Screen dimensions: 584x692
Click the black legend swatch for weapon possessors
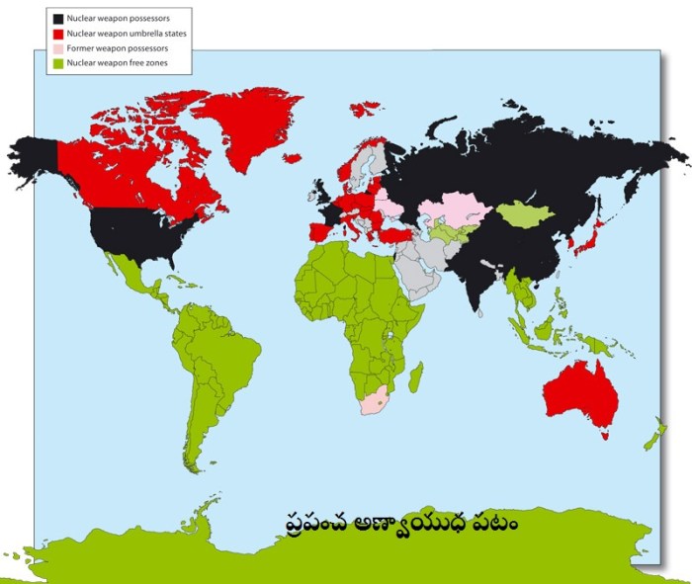[x=58, y=19]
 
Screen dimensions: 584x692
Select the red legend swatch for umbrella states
[x=58, y=34]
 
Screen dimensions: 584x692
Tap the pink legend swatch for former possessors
[x=58, y=48]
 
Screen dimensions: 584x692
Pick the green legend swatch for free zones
[x=58, y=63]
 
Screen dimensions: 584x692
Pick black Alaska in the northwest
[x=35, y=158]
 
